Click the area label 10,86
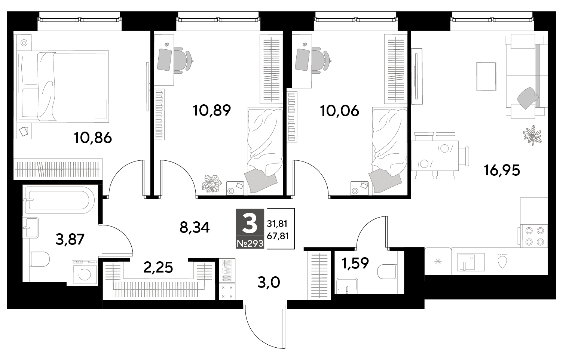click(93, 138)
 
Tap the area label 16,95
click(502, 170)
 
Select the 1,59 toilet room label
click(355, 263)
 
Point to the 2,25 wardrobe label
click(158, 267)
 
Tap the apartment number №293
click(250, 244)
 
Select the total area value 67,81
click(278, 236)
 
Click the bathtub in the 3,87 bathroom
click(58, 200)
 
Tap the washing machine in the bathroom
click(85, 273)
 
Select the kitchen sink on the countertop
click(471, 262)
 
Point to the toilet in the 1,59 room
click(387, 272)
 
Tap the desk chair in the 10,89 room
click(183, 61)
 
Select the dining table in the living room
click(435, 156)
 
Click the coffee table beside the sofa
click(486, 76)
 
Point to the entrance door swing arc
click(259, 335)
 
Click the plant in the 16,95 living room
click(532, 135)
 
